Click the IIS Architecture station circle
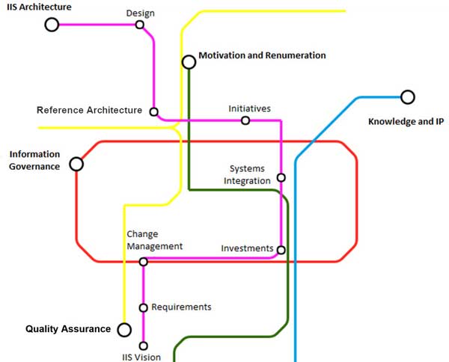coord(52,25)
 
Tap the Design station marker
coord(140,25)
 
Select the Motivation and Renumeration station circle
coord(189,62)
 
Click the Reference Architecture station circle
coord(154,112)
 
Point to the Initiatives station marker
coord(245,120)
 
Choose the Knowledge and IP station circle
coord(407,96)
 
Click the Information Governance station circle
coord(76,164)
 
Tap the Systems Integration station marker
coord(281,178)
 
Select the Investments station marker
coord(281,250)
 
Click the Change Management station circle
coord(144,262)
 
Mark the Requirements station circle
coord(144,307)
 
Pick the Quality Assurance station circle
coord(124,330)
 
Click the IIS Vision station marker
coord(144,346)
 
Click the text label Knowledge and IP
coord(401,121)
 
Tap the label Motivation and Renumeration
coord(262,55)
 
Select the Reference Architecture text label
coord(89,111)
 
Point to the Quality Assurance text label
coord(68,329)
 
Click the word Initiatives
coord(249,109)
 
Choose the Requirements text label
coord(181,307)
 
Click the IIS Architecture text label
coord(39,7)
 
